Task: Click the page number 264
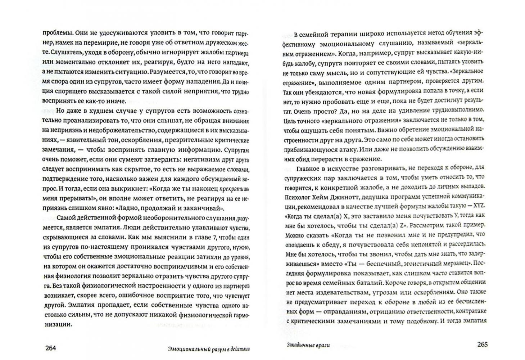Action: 50,347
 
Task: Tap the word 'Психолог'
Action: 298,196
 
